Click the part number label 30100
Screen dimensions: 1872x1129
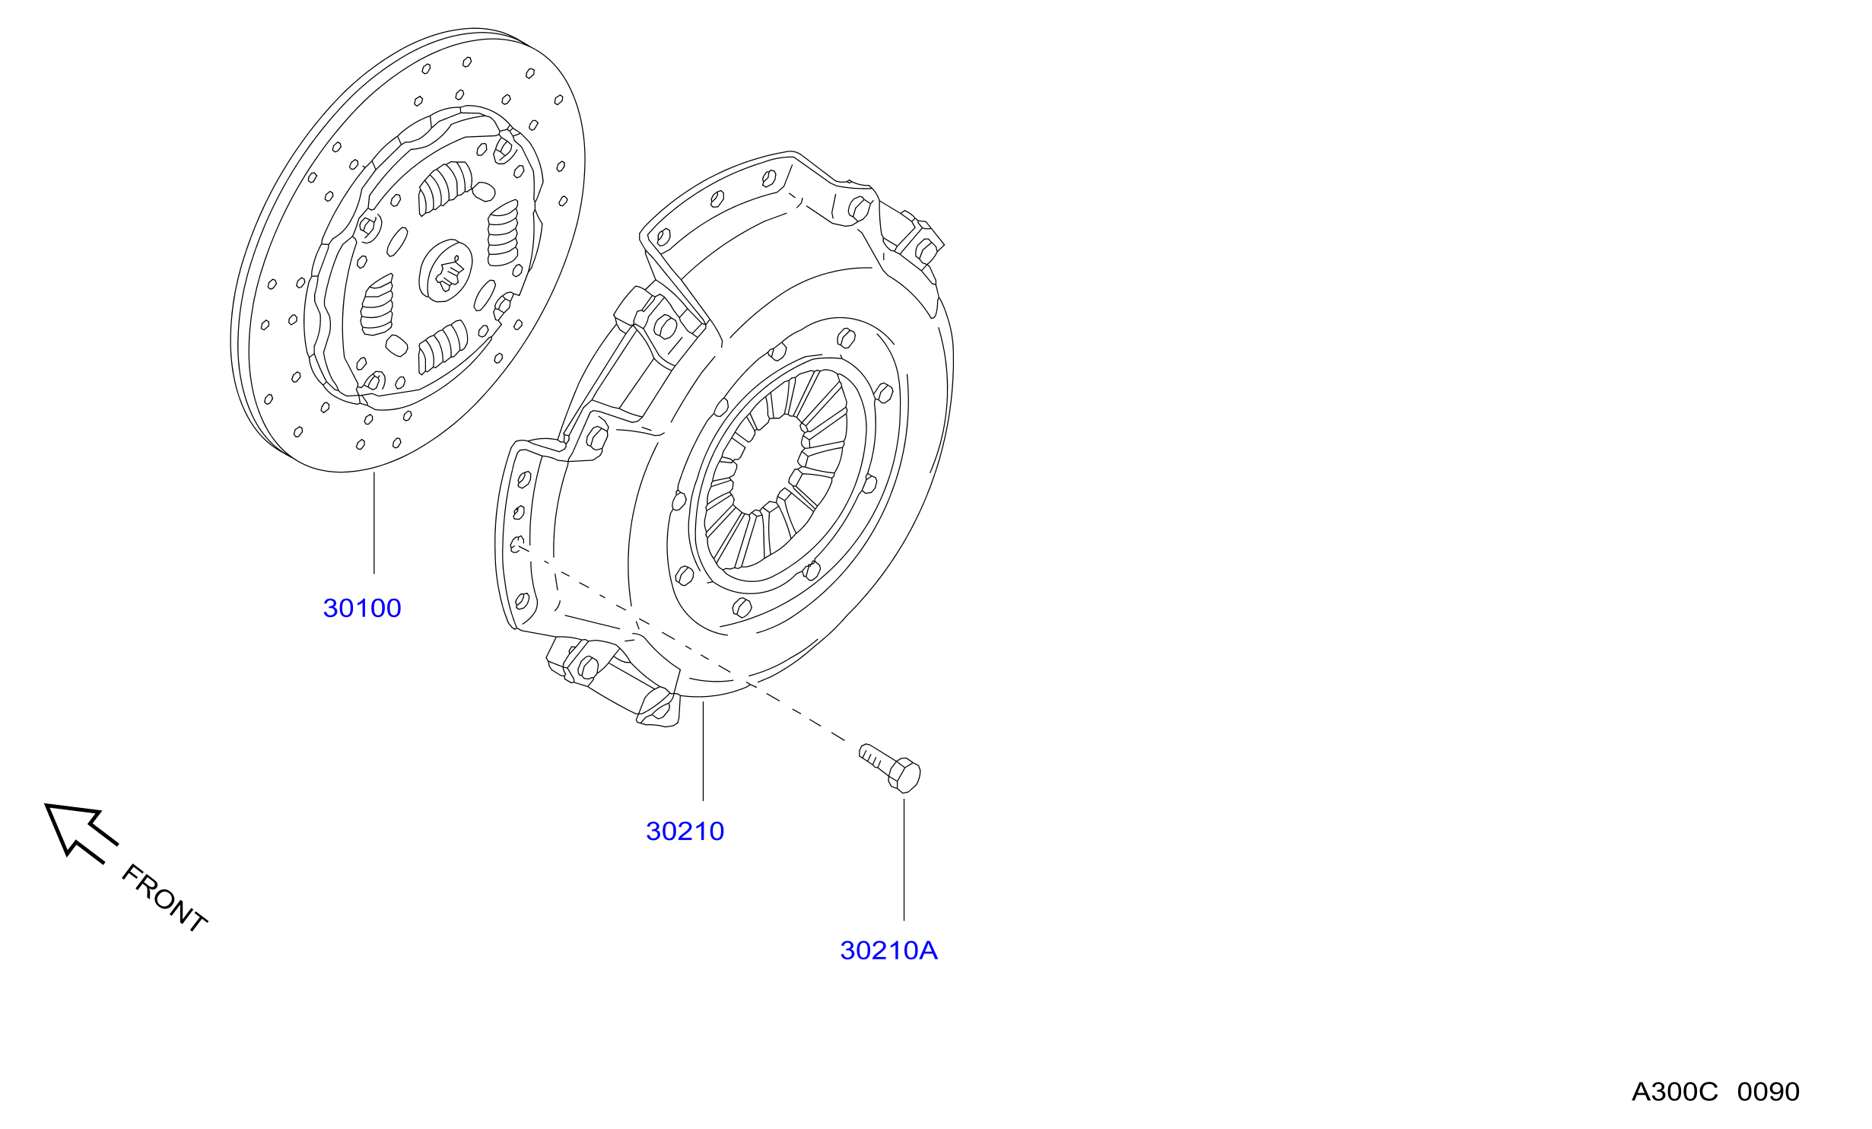pyautogui.click(x=362, y=608)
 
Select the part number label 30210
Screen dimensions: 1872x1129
pyautogui.click(x=685, y=831)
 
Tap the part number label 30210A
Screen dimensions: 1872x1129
pyautogui.click(x=888, y=950)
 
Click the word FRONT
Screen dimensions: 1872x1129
pyautogui.click(x=164, y=898)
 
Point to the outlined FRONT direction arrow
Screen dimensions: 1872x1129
pyautogui.click(x=81, y=832)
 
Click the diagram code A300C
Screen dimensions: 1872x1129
pyautogui.click(x=1675, y=1092)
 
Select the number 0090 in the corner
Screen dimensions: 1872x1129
pyautogui.click(x=1769, y=1092)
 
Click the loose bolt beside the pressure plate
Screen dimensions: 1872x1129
pyautogui.click(x=890, y=768)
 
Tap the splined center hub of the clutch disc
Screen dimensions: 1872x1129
pyautogui.click(x=446, y=270)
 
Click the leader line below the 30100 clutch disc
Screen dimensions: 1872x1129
pyautogui.click(x=374, y=523)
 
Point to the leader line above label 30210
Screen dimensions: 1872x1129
pyautogui.click(x=704, y=751)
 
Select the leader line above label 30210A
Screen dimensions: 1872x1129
pyautogui.click(x=904, y=860)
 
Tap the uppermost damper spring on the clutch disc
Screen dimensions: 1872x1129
pyautogui.click(x=445, y=188)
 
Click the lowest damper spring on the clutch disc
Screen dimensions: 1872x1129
pyautogui.click(x=443, y=347)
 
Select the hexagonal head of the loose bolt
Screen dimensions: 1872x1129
pyautogui.click(x=904, y=775)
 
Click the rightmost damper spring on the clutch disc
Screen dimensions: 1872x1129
pyautogui.click(x=503, y=234)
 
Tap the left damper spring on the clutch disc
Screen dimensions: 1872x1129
pyautogui.click(x=377, y=304)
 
